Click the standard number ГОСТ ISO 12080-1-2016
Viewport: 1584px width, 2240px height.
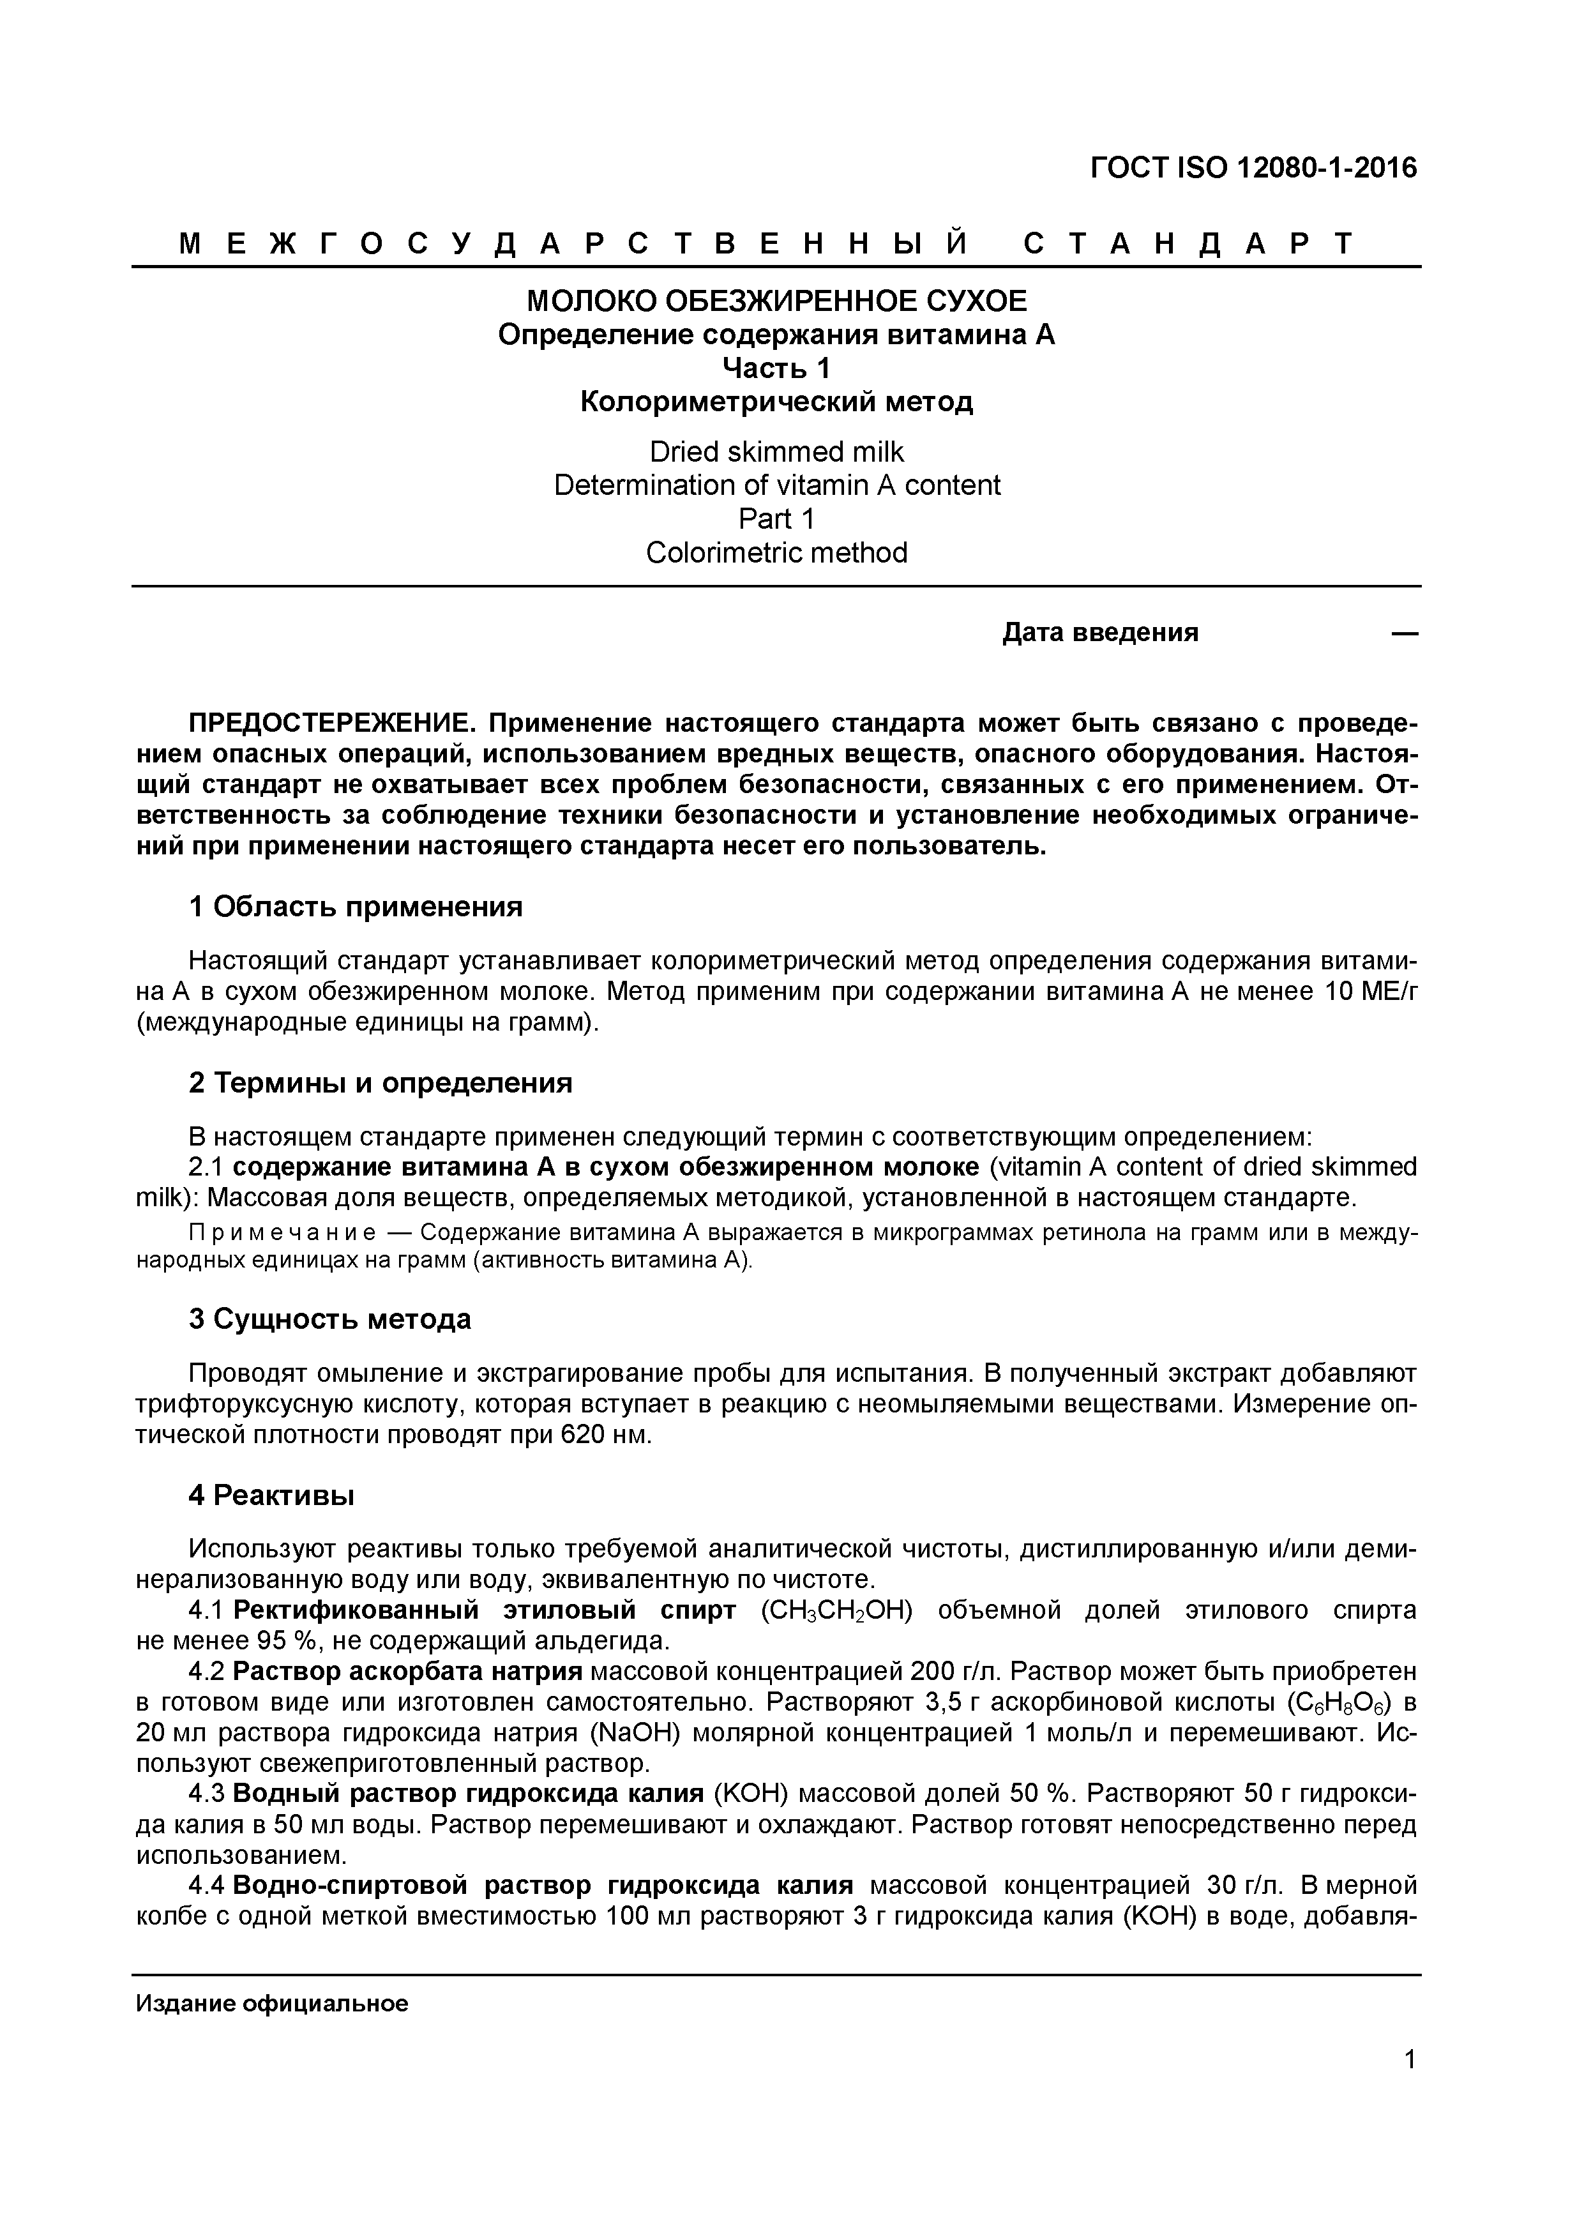(x=1253, y=169)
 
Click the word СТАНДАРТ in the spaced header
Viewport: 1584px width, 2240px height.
(x=1188, y=244)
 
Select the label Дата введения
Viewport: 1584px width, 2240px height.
(x=1100, y=633)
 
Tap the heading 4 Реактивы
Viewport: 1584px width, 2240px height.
(x=271, y=1495)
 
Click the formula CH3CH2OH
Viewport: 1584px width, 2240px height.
(x=835, y=1611)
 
